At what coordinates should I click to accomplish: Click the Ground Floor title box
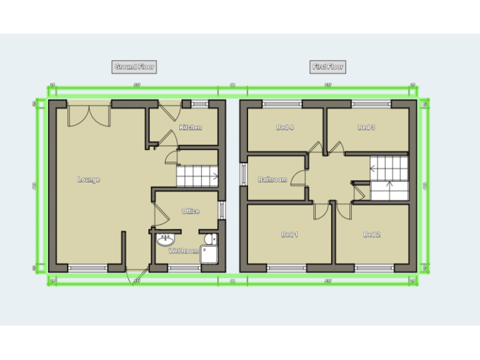pos(134,67)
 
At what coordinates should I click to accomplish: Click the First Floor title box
pos(327,67)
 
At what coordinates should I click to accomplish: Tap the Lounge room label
pos(89,180)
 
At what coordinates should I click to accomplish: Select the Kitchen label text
pos(191,127)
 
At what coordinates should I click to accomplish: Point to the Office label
pos(191,211)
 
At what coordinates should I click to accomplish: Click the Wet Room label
pos(184,251)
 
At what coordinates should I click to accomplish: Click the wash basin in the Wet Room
pos(166,241)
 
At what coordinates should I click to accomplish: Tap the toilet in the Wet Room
pos(209,239)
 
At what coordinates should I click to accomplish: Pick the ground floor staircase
pos(197,177)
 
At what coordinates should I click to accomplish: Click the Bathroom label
pos(272,180)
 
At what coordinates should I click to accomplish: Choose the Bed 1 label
pos(289,235)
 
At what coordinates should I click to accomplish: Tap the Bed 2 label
pos(372,235)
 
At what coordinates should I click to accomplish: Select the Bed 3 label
pos(366,127)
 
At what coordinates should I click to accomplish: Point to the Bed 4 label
pos(285,127)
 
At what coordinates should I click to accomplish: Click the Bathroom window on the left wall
pos(243,174)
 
